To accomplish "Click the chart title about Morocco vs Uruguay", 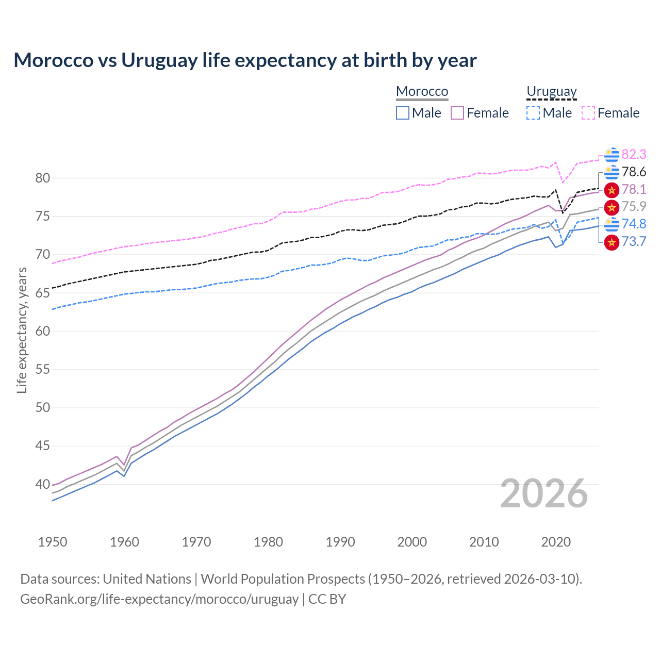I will (245, 60).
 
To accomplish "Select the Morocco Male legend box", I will (403, 113).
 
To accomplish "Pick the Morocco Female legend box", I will (457, 113).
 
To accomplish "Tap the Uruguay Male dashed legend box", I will (533, 113).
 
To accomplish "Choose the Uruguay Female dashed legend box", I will (588, 113).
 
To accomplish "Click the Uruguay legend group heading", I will (551, 92).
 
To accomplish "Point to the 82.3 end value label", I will (634, 154).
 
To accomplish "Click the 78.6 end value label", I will (634, 172).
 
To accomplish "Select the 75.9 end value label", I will (634, 206).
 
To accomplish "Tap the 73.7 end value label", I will (634, 241).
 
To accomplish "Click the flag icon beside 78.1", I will (612, 190).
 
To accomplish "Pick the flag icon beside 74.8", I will (612, 224).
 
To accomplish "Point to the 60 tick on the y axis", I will (43, 331).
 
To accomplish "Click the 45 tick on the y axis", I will (43, 446).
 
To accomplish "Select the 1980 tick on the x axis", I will (268, 542).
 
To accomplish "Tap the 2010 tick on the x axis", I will (484, 542).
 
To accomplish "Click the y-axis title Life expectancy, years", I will (22, 330).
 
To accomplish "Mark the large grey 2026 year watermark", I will (543, 493).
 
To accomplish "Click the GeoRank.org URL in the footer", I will (159, 599).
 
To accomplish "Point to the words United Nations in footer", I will (147, 579).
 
